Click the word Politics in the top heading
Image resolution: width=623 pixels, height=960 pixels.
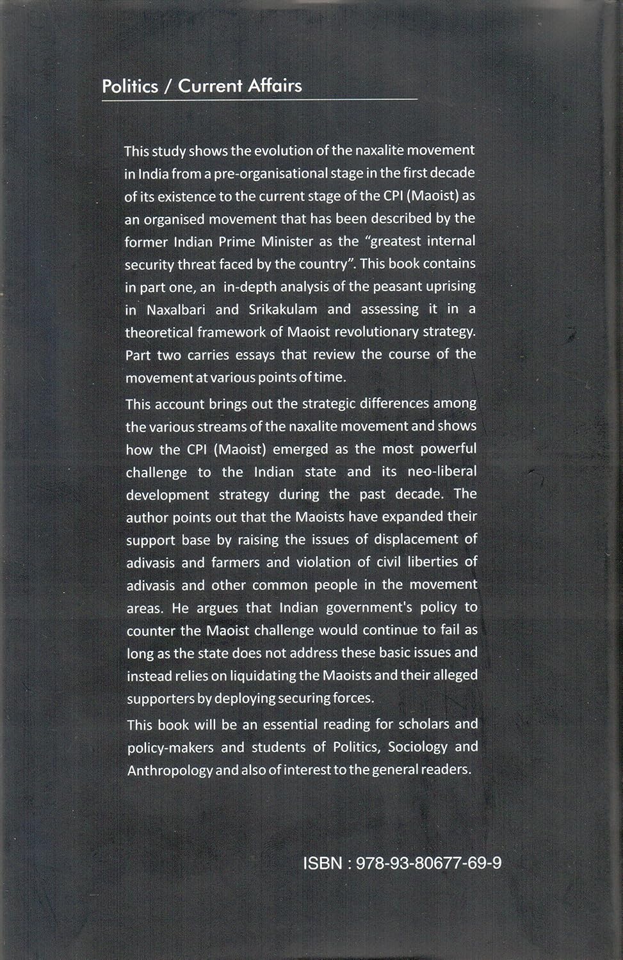pyautogui.click(x=130, y=86)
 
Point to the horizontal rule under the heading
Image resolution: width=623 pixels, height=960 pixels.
pyautogui.click(x=259, y=99)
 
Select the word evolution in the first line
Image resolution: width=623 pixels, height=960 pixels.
pyautogui.click(x=282, y=150)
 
